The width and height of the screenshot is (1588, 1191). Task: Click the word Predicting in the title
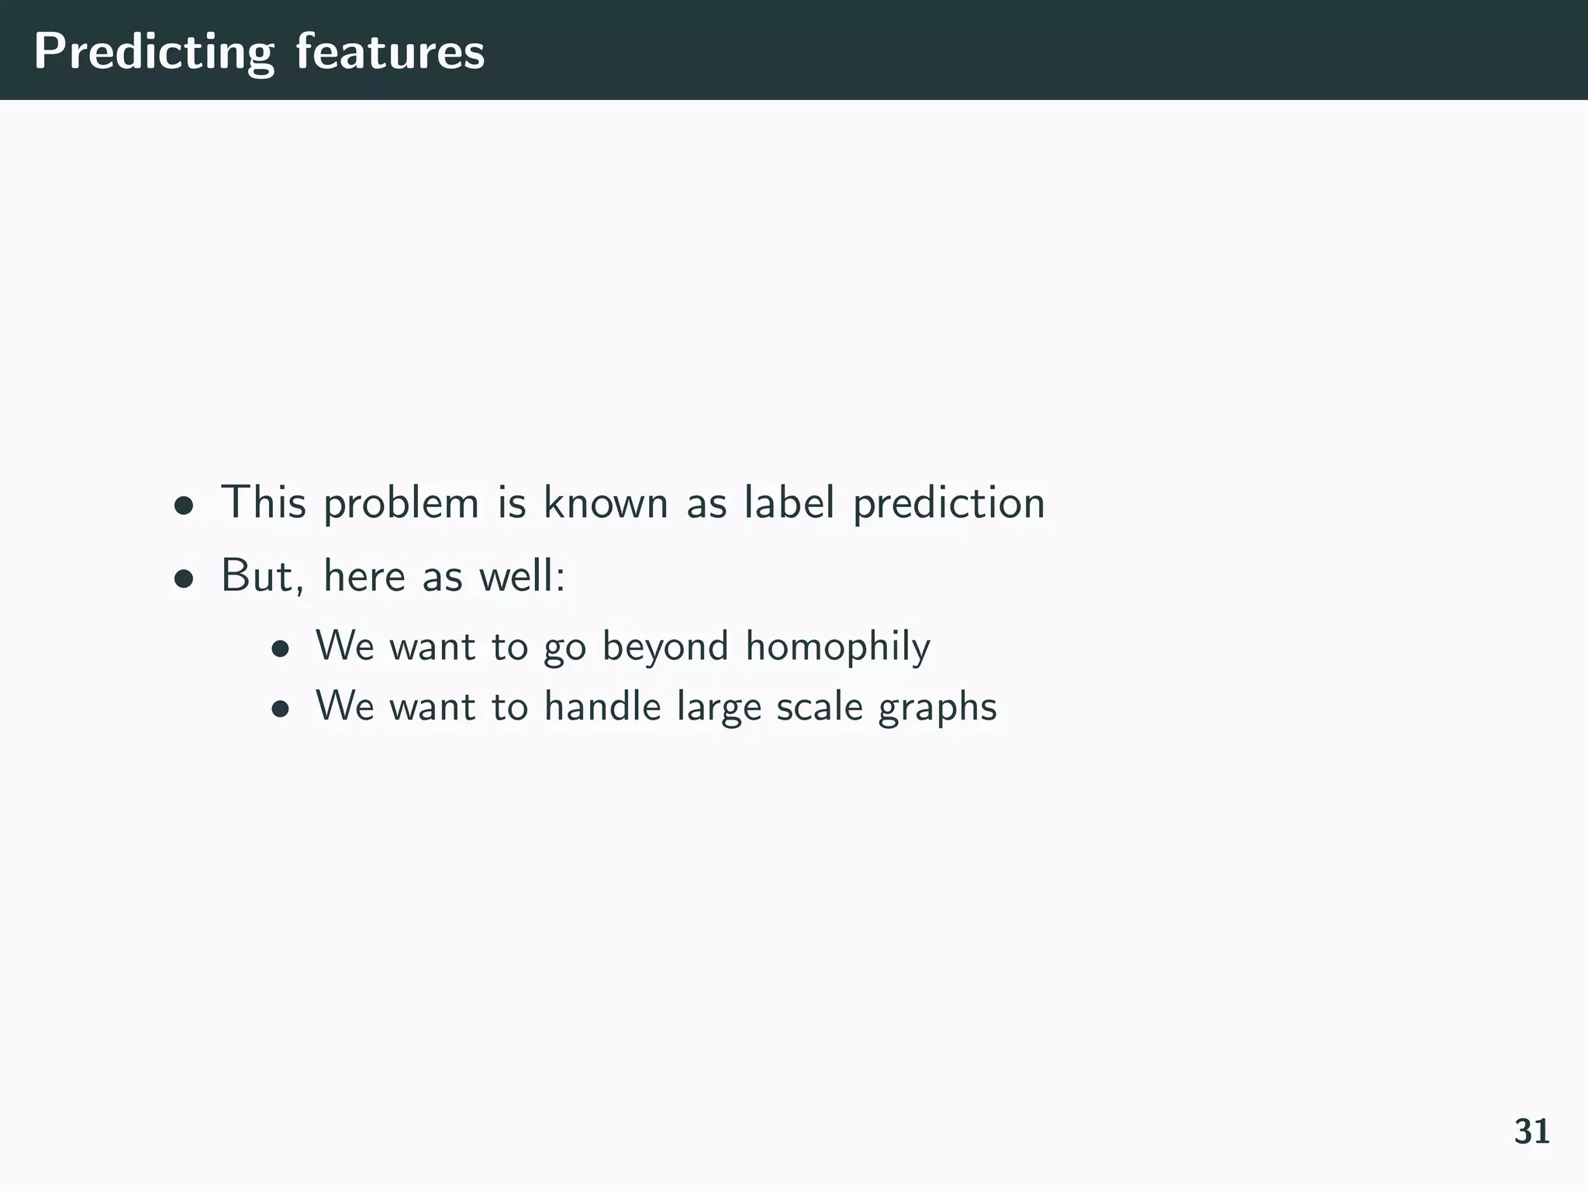pos(154,53)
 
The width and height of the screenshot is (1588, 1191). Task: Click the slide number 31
pos(1531,1132)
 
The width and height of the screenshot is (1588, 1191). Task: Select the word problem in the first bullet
pos(401,504)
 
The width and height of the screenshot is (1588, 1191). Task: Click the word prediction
pos(949,504)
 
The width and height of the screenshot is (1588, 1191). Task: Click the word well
pos(522,576)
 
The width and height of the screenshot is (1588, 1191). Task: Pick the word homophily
pos(837,647)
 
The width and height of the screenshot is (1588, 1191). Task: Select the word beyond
pos(665,647)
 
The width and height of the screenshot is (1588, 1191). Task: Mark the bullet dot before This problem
pos(183,506)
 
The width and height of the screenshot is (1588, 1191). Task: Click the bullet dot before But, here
pos(183,578)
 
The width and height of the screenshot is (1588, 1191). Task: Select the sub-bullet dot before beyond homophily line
pos(281,649)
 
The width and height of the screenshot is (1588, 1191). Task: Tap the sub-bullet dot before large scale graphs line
pos(281,709)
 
